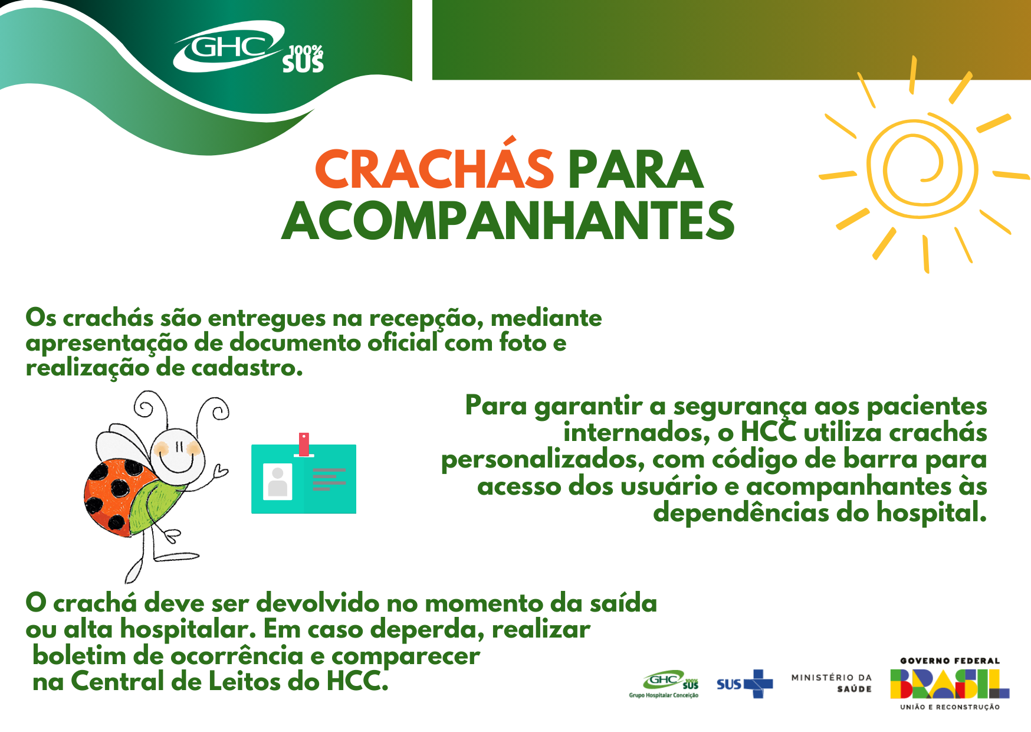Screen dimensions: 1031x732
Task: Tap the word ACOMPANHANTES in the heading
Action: point(508,221)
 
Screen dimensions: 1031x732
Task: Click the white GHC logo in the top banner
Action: point(229,47)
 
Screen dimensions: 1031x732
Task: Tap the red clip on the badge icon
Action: point(304,445)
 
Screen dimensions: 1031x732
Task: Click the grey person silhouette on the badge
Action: point(277,482)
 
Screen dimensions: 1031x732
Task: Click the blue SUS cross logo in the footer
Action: point(745,684)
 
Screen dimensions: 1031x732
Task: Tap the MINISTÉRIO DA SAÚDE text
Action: point(832,683)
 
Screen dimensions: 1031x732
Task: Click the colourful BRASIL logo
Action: point(950,684)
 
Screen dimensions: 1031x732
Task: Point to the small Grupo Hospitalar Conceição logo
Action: point(664,684)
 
